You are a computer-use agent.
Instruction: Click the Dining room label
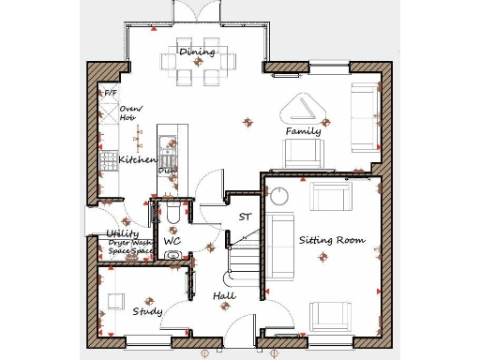point(197,52)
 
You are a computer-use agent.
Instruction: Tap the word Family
point(303,131)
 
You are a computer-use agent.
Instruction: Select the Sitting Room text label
point(331,240)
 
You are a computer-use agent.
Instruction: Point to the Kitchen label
point(137,160)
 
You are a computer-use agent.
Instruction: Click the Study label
point(147,311)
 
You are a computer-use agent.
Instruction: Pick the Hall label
point(224,296)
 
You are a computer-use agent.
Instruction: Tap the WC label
point(172,242)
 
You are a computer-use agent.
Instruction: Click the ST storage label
point(245,217)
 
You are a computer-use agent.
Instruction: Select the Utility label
point(123,233)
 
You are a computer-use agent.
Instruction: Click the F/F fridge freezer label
point(111,94)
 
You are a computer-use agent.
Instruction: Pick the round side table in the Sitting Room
point(280,195)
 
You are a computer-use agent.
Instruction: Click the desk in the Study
point(116,302)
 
